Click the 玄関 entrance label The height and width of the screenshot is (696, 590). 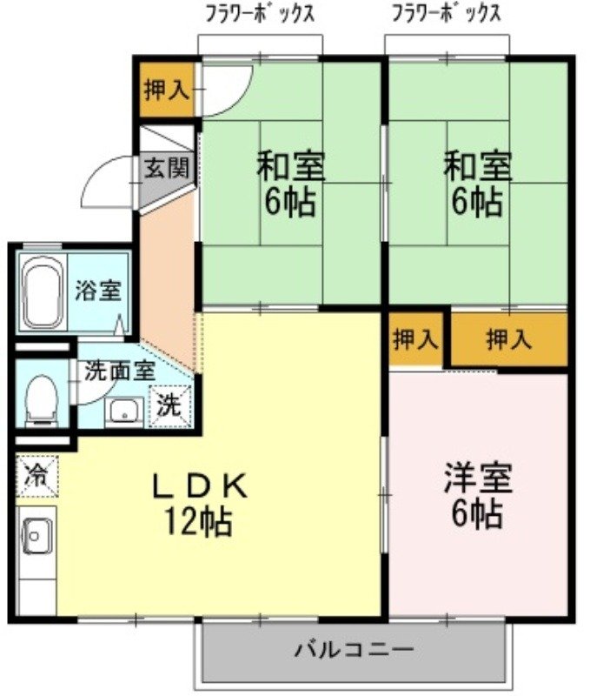coord(166,168)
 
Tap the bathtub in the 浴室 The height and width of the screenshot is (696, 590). coord(41,292)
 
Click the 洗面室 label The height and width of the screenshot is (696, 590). coord(120,369)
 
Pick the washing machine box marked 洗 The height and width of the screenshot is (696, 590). coord(171,405)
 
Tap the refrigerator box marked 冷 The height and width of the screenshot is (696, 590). coord(36,476)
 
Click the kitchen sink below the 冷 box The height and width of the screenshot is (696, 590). coord(36,534)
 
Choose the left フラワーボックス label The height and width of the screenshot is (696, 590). coord(259,15)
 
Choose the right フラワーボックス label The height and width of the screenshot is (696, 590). coord(445,15)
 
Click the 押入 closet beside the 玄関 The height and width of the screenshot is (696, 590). coord(166,90)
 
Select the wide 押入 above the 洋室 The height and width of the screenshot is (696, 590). coord(508,339)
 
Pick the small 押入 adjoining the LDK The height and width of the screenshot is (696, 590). coord(416,339)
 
